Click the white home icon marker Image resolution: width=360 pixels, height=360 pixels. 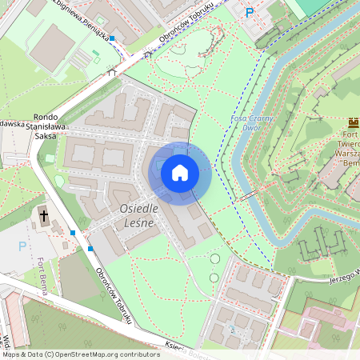pyautogui.click(x=180, y=172)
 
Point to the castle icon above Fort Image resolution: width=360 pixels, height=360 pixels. pyautogui.click(x=353, y=122)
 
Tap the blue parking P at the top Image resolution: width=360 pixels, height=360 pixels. pyautogui.click(x=249, y=12)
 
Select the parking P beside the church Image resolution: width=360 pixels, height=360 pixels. pyautogui.click(x=22, y=246)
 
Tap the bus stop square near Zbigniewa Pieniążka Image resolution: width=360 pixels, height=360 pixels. pyautogui.click(x=112, y=38)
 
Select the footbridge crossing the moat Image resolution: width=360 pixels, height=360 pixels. pyautogui.click(x=249, y=194)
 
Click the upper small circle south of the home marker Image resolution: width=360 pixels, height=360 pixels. pyautogui.click(x=214, y=258)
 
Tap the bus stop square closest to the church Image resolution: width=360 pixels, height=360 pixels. pyautogui.click(x=73, y=233)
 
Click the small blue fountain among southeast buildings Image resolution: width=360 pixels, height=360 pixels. pyautogui.click(x=232, y=328)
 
